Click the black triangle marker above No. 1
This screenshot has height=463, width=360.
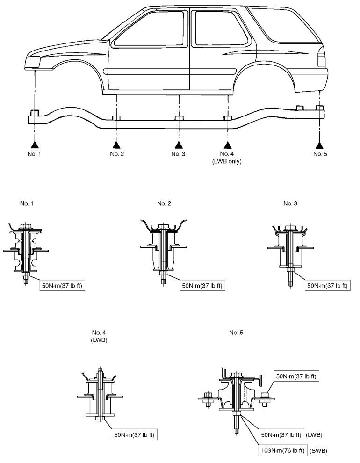(34, 144)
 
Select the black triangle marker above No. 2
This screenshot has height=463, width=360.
(116, 144)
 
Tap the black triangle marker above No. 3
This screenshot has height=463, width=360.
(177, 144)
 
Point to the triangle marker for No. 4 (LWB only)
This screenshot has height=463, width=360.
(228, 144)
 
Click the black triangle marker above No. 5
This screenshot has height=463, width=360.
(319, 144)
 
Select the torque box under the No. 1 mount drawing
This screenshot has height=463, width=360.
(64, 285)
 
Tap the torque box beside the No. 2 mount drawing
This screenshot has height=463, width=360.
(202, 285)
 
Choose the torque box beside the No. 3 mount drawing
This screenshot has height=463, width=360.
(328, 285)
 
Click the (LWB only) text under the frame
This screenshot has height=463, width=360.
(228, 161)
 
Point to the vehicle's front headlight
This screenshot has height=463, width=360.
(36, 61)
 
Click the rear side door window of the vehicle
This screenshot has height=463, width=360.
(216, 28)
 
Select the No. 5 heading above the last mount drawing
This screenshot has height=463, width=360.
(237, 333)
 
